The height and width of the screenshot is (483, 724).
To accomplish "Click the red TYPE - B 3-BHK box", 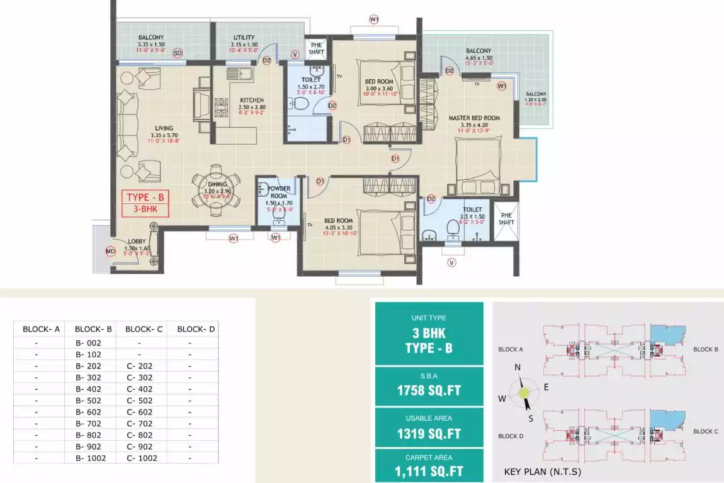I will click(x=145, y=203).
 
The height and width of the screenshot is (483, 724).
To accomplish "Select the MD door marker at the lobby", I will click(x=111, y=252).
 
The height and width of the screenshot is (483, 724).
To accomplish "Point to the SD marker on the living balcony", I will click(x=178, y=53).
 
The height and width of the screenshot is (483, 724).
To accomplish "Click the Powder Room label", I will click(x=279, y=192).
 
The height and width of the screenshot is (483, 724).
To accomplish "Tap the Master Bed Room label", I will click(x=474, y=118).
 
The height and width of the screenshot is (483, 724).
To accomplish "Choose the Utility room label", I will click(x=244, y=38).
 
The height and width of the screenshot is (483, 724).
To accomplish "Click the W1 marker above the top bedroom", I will click(x=374, y=19).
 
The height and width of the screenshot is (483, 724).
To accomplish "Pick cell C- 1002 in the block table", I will click(x=142, y=458).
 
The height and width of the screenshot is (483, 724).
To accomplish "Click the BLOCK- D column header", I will click(x=196, y=329).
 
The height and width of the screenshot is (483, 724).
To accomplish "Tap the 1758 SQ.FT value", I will click(x=429, y=391).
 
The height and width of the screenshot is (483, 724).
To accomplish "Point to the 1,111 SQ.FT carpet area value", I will click(x=429, y=472).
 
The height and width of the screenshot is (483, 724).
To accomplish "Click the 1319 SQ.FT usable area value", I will click(x=429, y=433).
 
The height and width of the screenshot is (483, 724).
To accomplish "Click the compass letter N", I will click(x=518, y=368).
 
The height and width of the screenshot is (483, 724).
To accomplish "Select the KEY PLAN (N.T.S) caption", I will click(x=543, y=472).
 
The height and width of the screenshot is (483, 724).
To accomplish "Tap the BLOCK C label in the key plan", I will click(x=706, y=431).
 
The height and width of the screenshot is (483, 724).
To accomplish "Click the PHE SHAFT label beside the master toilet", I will click(x=506, y=218).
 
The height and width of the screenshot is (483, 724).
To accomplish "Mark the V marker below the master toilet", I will click(x=451, y=262).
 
